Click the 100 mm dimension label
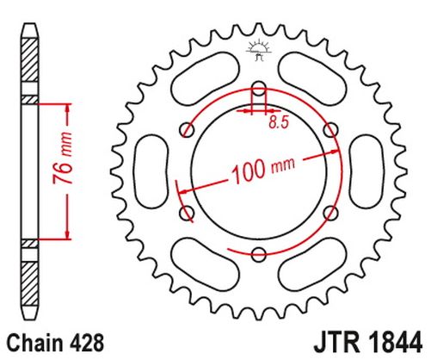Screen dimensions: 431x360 (x=263, y=171)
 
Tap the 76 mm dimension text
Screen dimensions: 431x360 (x=63, y=158)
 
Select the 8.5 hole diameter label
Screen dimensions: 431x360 (x=278, y=122)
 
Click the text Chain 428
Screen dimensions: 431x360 (x=55, y=343)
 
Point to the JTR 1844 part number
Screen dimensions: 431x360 (x=368, y=342)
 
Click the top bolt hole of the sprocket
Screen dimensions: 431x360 (x=259, y=89)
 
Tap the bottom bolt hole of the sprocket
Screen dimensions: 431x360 (x=259, y=254)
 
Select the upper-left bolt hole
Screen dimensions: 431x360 (x=187, y=130)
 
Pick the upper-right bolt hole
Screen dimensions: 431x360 (x=331, y=130)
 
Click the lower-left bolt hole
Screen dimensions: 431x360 (x=187, y=213)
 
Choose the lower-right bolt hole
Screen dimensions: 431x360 (x=331, y=213)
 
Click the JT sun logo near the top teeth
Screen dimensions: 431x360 (x=259, y=49)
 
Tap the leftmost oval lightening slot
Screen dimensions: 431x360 (x=151, y=171)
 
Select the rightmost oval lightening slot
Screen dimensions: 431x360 (x=366, y=171)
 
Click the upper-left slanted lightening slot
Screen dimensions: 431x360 (x=205, y=79)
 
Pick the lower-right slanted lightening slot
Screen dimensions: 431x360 (x=312, y=264)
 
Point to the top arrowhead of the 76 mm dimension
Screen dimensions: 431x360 (x=68, y=108)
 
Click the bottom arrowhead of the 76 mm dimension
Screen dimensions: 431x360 (x=68, y=234)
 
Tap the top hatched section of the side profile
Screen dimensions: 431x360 (x=30, y=59)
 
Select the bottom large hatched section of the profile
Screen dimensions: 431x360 (x=30, y=284)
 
